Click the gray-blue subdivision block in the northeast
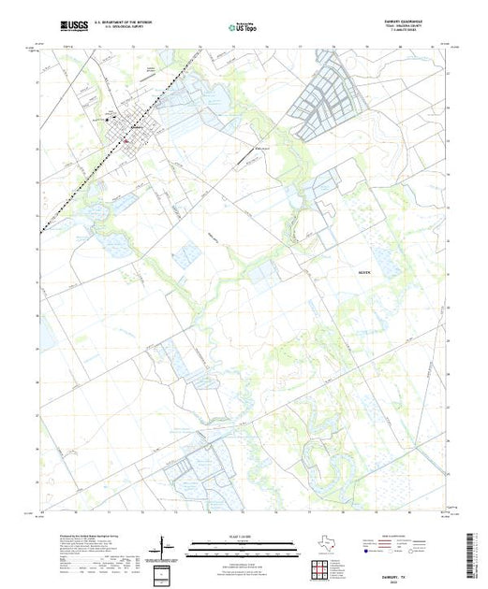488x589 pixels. (330, 97)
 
